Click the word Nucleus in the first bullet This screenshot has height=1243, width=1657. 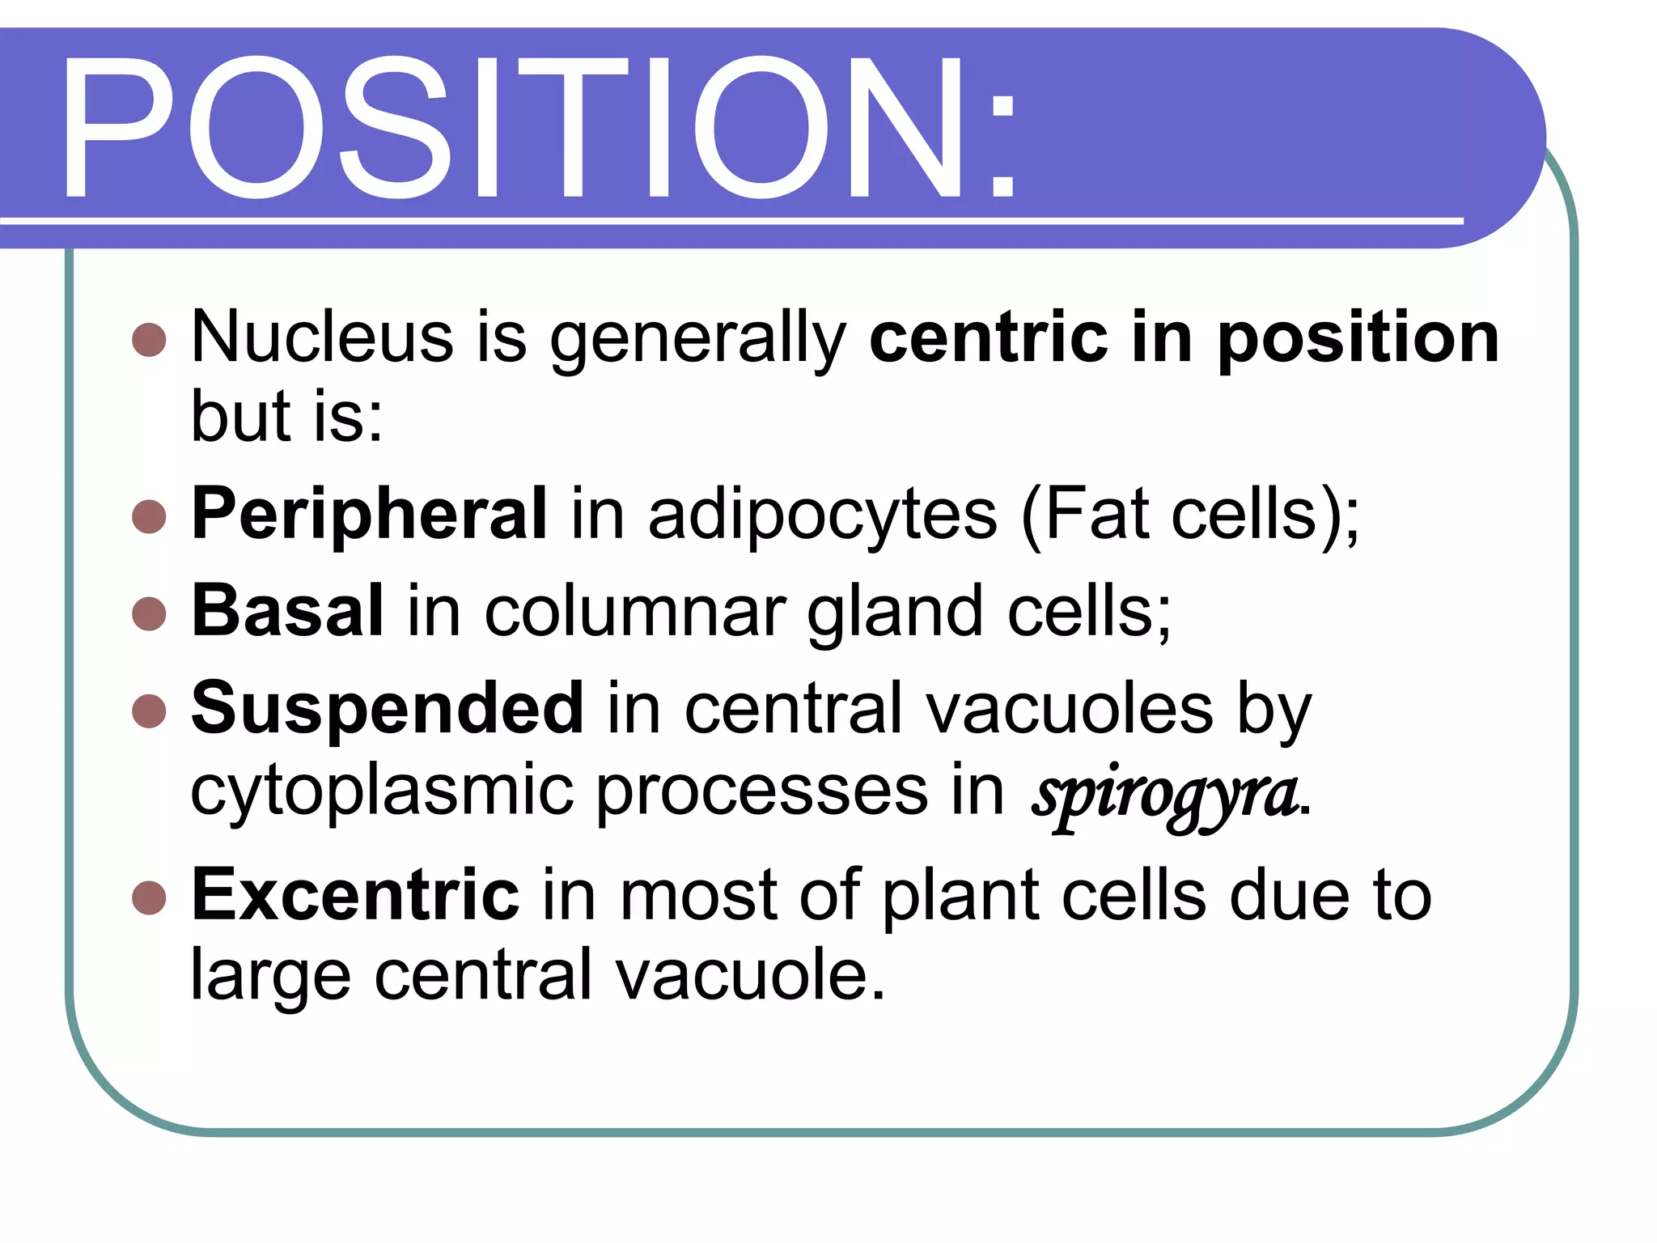321,337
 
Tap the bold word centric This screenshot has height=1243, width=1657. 988,337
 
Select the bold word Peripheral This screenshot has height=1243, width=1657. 369,515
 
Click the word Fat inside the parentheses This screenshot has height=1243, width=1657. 1097,515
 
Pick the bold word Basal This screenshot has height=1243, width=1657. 287,611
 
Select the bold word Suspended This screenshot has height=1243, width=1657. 387,708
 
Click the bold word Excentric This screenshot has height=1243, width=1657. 355,895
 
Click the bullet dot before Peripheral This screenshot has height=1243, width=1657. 149,516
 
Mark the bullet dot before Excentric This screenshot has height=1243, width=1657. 149,897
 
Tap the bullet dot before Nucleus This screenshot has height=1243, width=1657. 149,340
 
